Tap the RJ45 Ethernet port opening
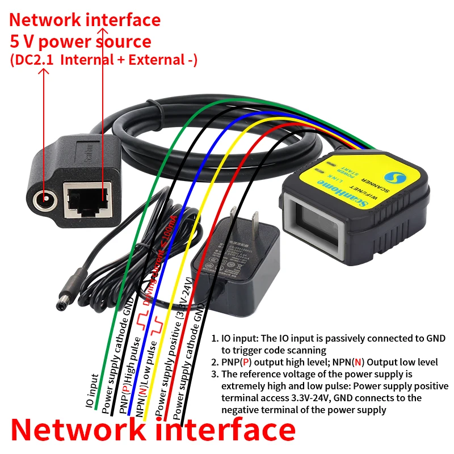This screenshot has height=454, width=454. [x=86, y=199]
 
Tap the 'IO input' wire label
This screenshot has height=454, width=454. [x=89, y=391]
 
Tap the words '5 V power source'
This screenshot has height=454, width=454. [x=81, y=41]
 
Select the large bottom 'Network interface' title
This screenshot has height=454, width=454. [x=153, y=430]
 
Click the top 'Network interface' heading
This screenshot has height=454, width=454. [x=85, y=20]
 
